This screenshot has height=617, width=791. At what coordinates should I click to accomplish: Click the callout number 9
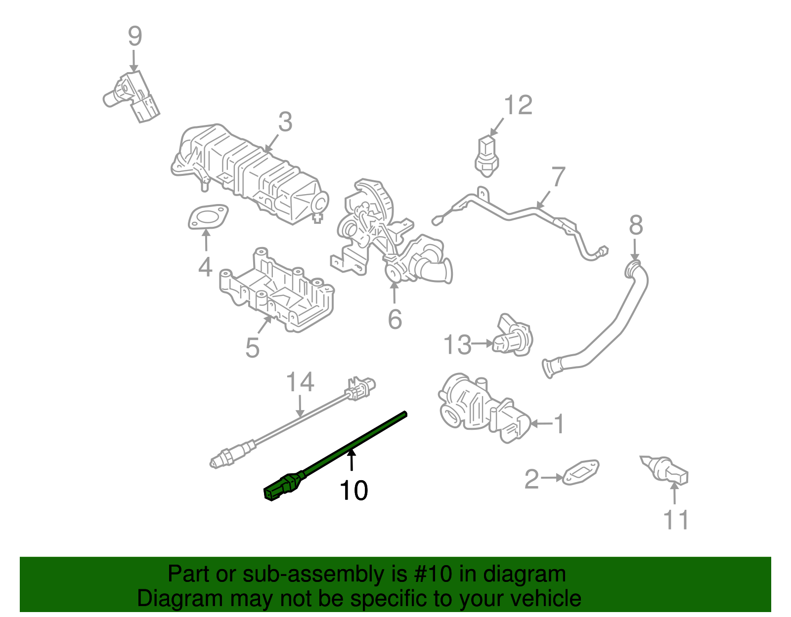[x=135, y=37]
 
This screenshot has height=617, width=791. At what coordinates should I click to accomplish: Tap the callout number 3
[x=285, y=122]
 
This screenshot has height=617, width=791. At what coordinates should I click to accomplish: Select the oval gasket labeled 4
[x=208, y=218]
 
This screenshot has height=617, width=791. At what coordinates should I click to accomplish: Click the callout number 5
[x=252, y=348]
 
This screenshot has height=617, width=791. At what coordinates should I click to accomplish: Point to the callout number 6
[x=395, y=320]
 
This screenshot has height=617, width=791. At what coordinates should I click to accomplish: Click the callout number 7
[x=558, y=177]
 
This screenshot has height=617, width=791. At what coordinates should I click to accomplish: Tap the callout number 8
[x=636, y=226]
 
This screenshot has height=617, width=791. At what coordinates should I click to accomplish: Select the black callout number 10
[x=353, y=491]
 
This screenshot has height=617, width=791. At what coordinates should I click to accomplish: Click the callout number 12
[x=518, y=106]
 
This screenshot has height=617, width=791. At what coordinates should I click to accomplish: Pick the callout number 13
[x=457, y=345]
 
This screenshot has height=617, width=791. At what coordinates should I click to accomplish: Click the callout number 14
[x=300, y=383]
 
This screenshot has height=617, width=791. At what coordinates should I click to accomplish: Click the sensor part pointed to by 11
[x=667, y=470]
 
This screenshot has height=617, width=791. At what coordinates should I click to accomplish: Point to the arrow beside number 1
[x=541, y=424]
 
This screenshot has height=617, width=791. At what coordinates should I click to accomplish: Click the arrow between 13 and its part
[x=482, y=343]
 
